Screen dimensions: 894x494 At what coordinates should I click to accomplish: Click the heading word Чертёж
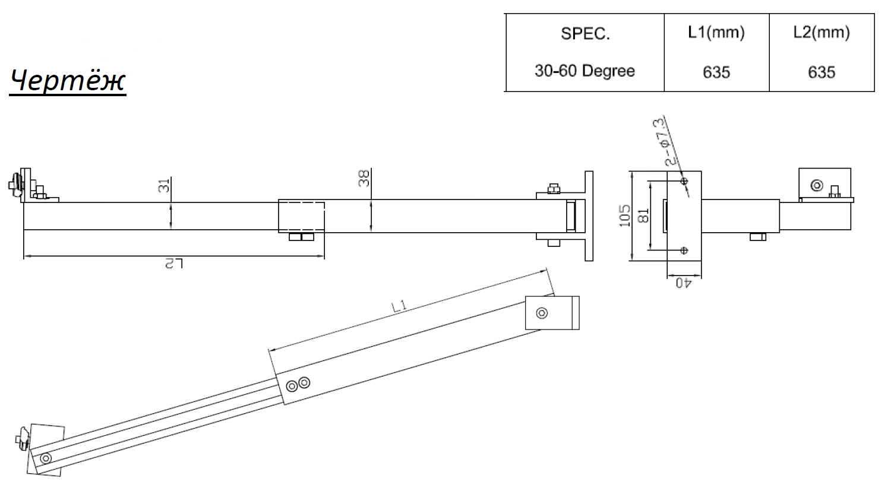tap(68, 81)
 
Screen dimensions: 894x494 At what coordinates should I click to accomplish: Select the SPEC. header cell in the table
tap(585, 33)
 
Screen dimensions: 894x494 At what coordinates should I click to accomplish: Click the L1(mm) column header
tap(716, 32)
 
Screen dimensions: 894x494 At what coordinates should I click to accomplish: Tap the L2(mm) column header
tap(822, 32)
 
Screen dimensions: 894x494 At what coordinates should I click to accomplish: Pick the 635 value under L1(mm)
tap(716, 72)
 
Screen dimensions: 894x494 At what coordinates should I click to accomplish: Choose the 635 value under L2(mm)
tap(822, 72)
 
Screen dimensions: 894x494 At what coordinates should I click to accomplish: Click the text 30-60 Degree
tap(585, 71)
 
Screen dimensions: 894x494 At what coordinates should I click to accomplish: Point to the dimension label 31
tap(164, 186)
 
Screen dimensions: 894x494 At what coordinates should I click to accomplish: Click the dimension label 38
tap(364, 178)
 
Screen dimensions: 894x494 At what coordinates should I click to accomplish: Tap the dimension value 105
tap(624, 216)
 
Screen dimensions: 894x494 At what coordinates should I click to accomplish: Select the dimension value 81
tap(643, 216)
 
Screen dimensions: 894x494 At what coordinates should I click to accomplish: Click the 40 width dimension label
tap(684, 283)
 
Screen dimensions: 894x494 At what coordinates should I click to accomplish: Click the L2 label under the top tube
tap(174, 264)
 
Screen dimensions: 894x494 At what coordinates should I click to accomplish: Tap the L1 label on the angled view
tap(399, 306)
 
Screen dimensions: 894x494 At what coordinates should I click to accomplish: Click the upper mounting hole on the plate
tap(684, 181)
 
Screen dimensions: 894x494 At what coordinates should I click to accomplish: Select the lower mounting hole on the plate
tap(684, 251)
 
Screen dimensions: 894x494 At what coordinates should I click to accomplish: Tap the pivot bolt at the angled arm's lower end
tap(46, 458)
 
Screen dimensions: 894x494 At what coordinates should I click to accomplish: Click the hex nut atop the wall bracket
tap(554, 188)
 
